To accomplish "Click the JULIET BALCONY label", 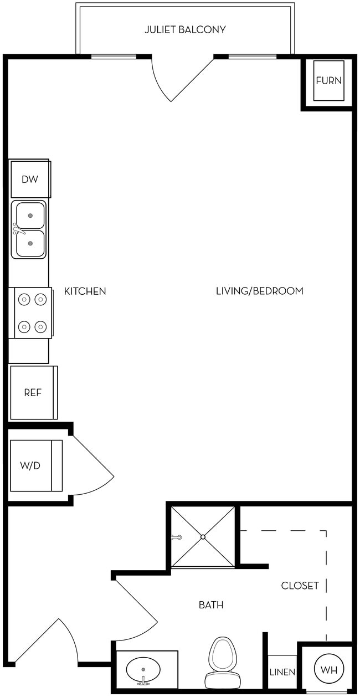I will [185, 30].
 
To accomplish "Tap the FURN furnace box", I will [328, 81].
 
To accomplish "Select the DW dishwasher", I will [30, 179].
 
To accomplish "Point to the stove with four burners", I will [32, 313].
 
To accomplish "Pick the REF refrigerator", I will [33, 392].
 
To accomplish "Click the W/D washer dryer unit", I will [31, 465].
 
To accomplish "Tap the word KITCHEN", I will [85, 291].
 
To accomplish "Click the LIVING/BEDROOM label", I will [259, 291].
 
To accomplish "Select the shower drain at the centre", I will [203, 537].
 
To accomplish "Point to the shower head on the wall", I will [176, 537].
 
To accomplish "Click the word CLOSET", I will [300, 586].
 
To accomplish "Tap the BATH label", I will [211, 605].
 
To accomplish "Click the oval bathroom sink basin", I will [143, 669].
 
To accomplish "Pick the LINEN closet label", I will [282, 672].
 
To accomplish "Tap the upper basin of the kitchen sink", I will [30, 215].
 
